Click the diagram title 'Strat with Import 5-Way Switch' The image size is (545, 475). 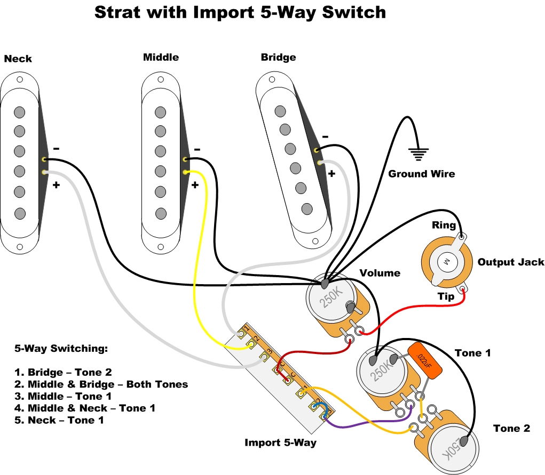[x=240, y=12]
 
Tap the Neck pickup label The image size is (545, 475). [x=18, y=59]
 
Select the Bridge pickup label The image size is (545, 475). [x=278, y=57]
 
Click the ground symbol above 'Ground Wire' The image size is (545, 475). [x=418, y=155]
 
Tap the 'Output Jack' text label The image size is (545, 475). [x=510, y=262]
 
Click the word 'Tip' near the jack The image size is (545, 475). [x=446, y=296]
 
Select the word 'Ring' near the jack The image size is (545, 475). [x=444, y=226]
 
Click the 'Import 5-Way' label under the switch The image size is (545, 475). [x=280, y=442]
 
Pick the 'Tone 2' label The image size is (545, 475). [x=511, y=429]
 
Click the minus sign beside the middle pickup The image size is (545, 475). [x=198, y=149]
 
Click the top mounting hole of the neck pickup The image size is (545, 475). [x=20, y=79]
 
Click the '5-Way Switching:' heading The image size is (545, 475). [x=61, y=349]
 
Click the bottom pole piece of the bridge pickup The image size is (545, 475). [x=307, y=208]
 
